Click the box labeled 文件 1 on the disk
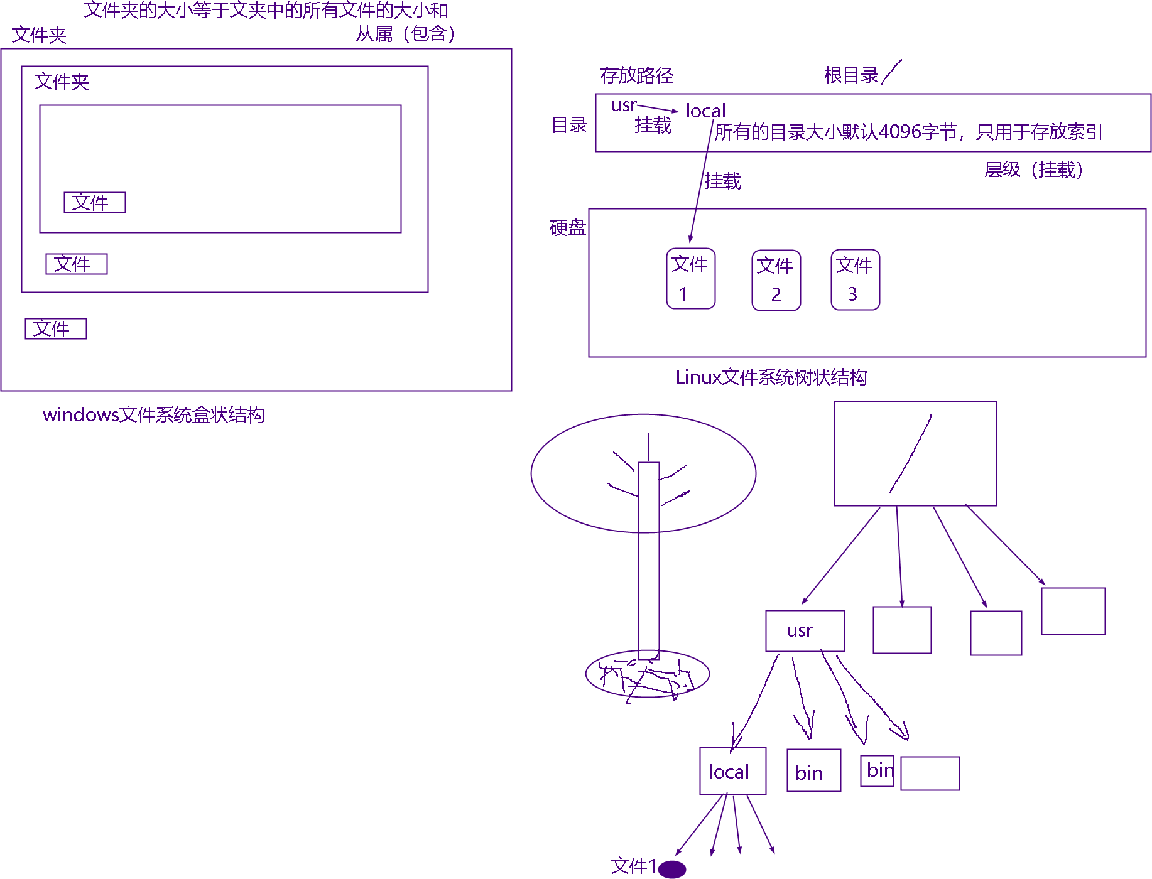(690, 279)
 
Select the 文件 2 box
(776, 280)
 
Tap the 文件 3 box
(855, 279)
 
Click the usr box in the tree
(805, 630)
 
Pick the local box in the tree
(732, 771)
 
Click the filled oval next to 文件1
(673, 869)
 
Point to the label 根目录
(851, 75)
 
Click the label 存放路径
(636, 75)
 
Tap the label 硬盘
(567, 227)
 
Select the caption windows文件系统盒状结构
(153, 415)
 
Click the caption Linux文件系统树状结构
(771, 377)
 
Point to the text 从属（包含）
(405, 33)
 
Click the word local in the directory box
(705, 111)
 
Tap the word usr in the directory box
(623, 105)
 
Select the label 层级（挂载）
(1033, 170)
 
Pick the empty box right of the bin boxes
(930, 773)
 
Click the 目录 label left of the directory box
(568, 125)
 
